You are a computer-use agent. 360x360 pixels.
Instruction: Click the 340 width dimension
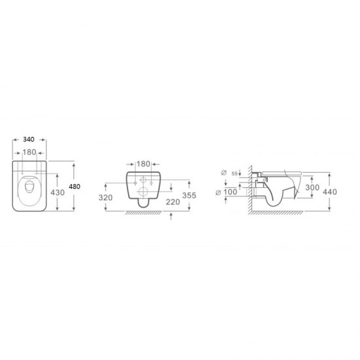29,139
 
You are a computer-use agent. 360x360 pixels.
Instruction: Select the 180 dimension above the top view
29,153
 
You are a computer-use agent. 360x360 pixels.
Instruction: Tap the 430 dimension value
58,192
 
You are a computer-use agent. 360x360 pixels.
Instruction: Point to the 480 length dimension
75,187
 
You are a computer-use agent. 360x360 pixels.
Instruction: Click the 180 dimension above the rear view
143,164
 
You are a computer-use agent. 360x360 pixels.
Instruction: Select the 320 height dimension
105,198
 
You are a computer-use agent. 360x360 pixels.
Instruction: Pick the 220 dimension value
173,202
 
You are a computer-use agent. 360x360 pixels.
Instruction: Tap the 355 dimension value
189,196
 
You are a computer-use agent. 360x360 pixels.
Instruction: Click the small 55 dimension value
234,174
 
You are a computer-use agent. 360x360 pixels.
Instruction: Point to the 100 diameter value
230,192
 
